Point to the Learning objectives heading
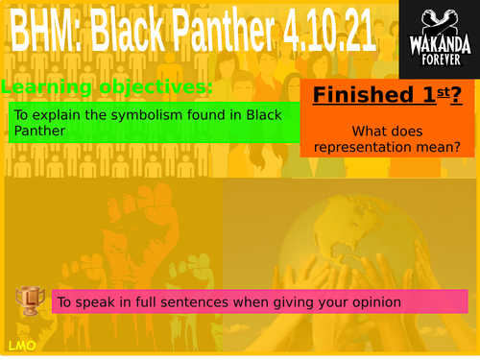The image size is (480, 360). (107, 88)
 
